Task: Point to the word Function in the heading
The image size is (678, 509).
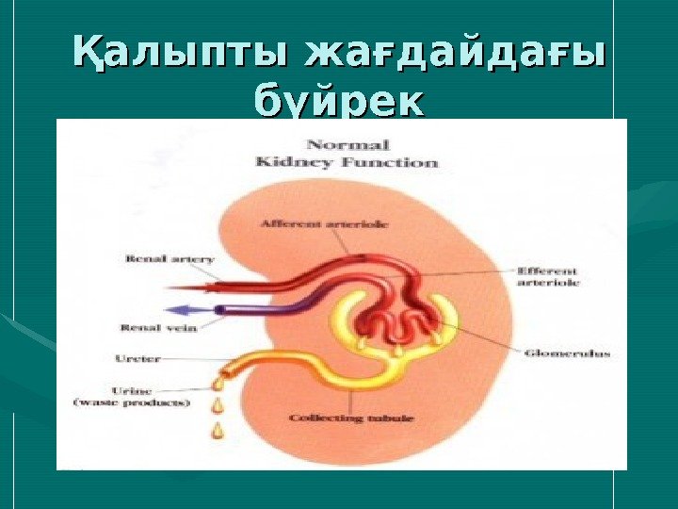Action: tap(401, 162)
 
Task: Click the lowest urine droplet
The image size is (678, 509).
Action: tap(219, 430)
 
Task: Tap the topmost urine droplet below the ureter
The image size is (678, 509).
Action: tap(218, 383)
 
